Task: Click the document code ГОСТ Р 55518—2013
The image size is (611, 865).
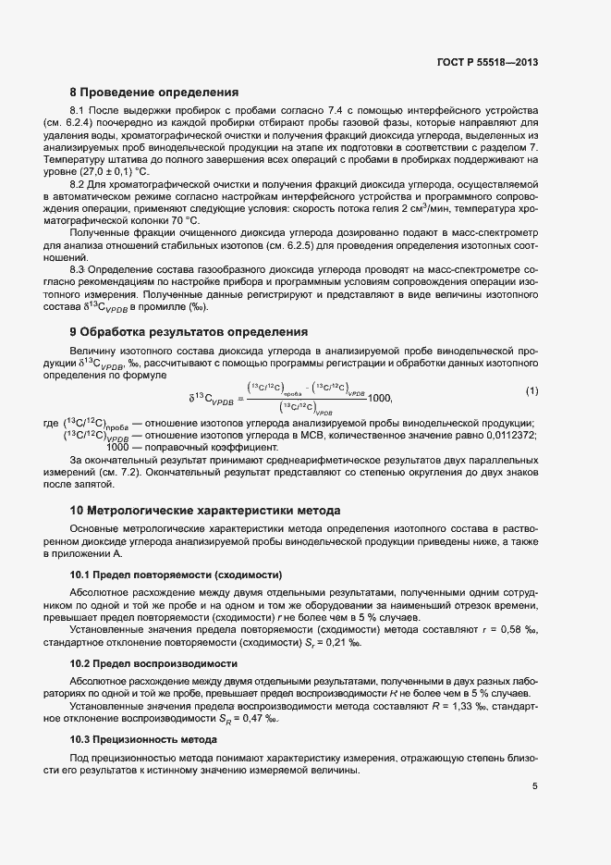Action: point(488,63)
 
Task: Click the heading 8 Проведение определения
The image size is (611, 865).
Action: point(154,93)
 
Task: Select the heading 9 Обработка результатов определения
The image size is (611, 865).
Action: point(189,331)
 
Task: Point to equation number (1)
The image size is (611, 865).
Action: point(532,392)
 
